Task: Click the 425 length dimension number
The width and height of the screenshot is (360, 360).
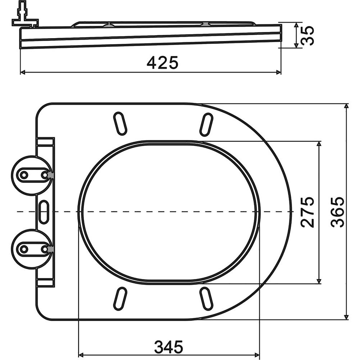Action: (162, 62)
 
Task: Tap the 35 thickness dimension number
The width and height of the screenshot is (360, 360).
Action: (307, 36)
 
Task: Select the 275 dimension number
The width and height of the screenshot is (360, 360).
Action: (307, 212)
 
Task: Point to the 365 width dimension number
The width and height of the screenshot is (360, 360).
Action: (338, 212)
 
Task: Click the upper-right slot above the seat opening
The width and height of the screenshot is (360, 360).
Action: (206, 124)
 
